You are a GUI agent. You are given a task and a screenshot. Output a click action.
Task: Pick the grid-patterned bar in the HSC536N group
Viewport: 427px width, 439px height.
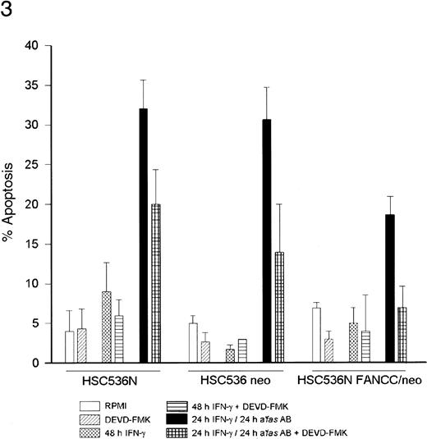click(156, 283)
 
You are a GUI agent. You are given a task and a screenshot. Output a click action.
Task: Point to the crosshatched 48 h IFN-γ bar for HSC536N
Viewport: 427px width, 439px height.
click(107, 327)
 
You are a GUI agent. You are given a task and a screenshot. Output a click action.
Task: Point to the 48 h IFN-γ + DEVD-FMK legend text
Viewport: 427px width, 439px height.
click(313, 405)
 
